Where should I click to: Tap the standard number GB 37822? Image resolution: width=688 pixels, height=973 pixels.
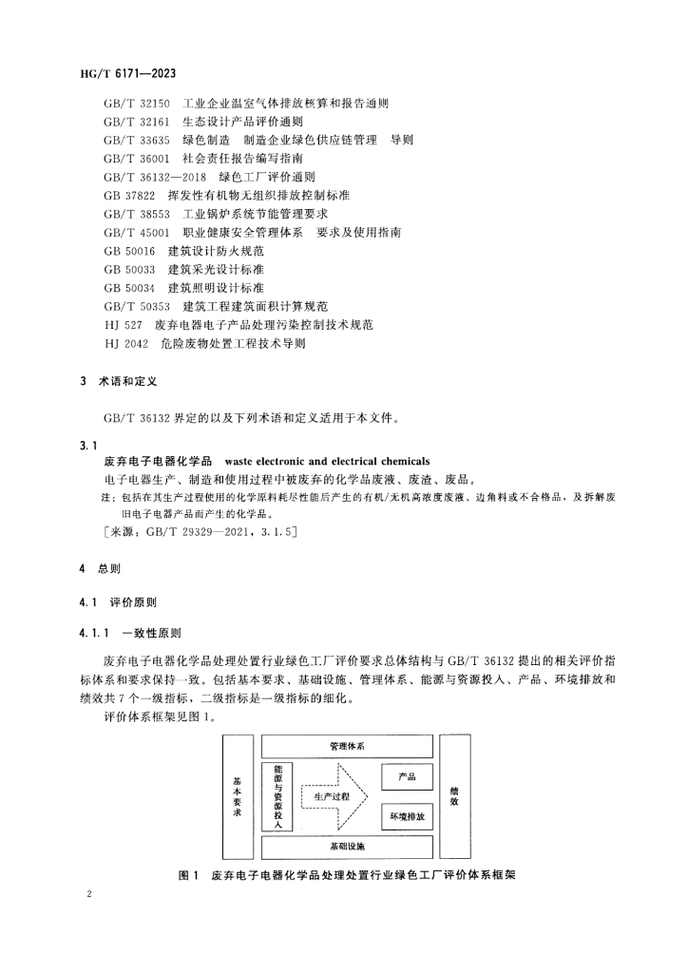click(129, 195)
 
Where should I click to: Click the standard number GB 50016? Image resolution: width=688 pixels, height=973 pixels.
click(129, 251)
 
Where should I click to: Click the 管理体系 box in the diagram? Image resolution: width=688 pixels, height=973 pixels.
click(347, 747)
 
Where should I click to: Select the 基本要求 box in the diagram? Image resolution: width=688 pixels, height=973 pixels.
click(238, 796)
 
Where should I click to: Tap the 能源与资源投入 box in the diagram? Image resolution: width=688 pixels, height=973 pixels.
click(277, 796)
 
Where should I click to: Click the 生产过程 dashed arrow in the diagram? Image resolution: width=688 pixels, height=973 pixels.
click(333, 796)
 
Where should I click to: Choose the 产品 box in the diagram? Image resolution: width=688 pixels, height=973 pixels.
click(407, 777)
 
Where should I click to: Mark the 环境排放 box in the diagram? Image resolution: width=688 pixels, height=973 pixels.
click(407, 816)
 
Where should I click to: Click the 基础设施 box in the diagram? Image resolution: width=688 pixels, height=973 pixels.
click(347, 846)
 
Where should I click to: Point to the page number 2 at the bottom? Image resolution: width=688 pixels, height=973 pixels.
click(87, 895)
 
